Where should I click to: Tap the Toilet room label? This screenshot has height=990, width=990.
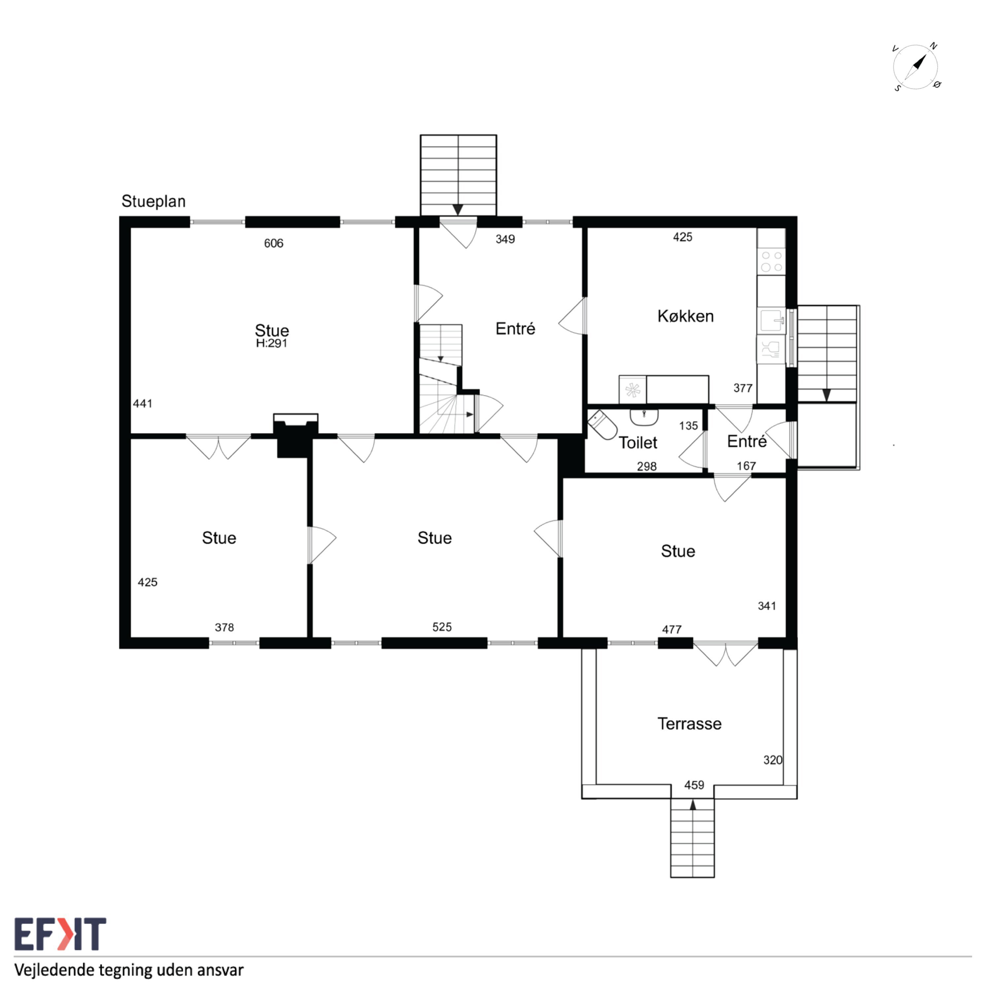[x=638, y=443]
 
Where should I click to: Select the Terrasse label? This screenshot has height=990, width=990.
[x=689, y=724]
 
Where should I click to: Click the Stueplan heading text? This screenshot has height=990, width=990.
[x=153, y=201]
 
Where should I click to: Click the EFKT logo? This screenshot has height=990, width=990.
[x=60, y=934]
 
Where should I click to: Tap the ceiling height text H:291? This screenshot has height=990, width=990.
[x=272, y=343]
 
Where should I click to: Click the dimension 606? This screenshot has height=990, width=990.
[x=274, y=244]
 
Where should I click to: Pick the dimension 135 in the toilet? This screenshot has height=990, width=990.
[x=688, y=426]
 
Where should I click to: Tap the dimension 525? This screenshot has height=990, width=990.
[x=442, y=627]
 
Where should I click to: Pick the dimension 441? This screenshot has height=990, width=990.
[x=143, y=404]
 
